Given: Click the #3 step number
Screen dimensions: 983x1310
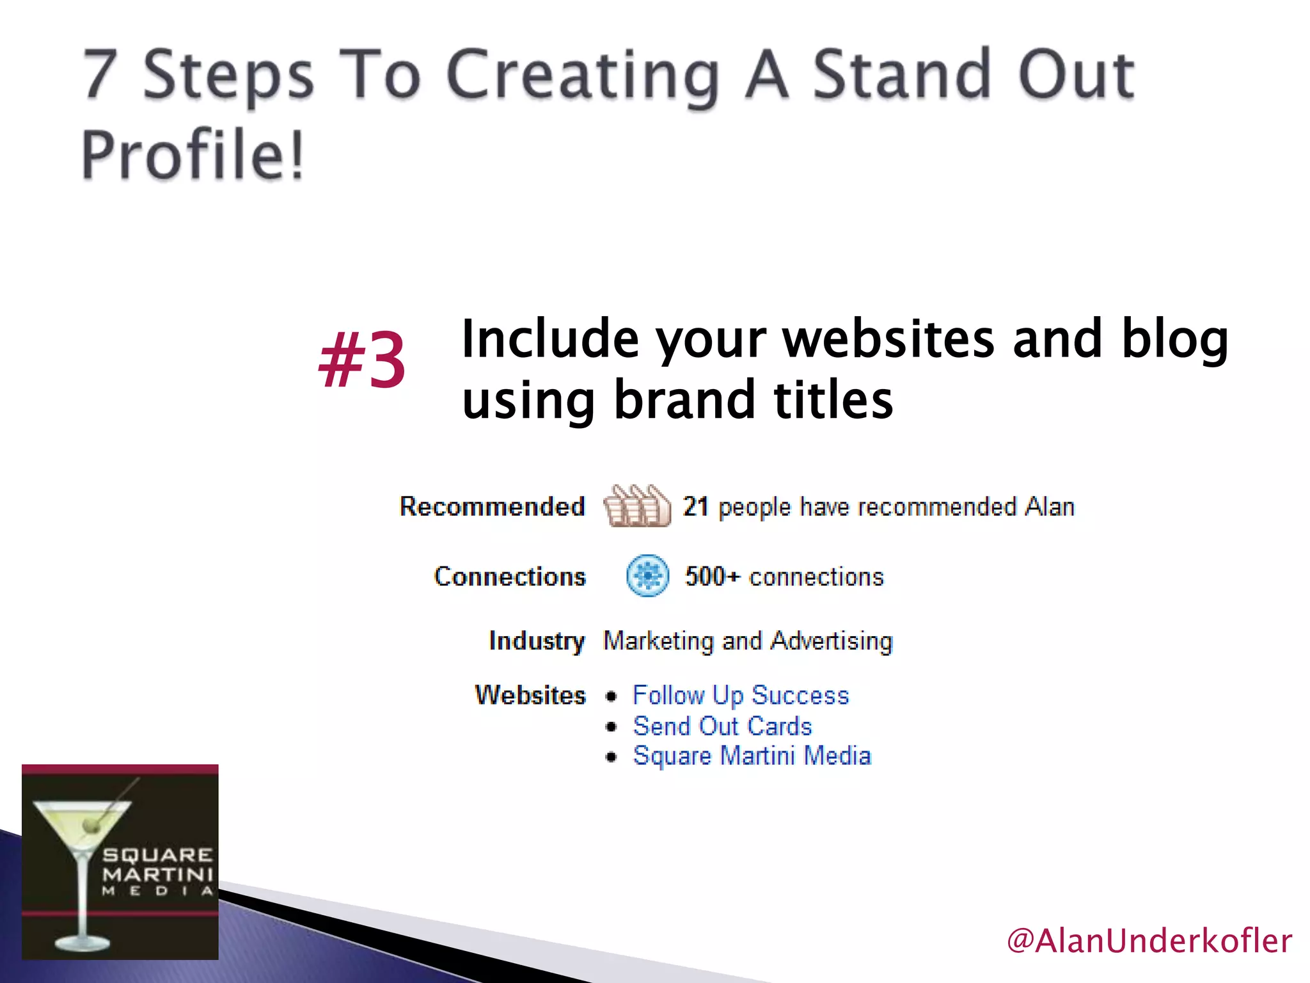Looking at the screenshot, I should coord(362,360).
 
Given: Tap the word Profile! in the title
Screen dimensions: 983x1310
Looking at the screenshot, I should coord(193,155).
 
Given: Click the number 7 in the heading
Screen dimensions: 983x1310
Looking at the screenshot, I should coord(101,76).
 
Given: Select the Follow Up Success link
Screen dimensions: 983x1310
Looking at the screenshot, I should coord(741,695).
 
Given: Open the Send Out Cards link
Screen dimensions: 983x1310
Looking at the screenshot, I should coord(722,726).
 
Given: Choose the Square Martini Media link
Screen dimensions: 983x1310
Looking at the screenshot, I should coord(752,756).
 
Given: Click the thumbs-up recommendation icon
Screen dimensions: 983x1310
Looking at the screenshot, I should coord(636,506).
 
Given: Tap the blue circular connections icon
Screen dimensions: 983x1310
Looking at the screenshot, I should coord(647,576).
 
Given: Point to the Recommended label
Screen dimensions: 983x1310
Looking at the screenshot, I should coord(492,506).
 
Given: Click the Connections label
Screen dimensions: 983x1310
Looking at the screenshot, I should coord(510,577).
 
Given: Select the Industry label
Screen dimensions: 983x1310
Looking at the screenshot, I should coord(536,641).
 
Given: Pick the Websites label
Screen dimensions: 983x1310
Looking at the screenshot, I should coord(530,695).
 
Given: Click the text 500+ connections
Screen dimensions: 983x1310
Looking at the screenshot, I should coord(784,577).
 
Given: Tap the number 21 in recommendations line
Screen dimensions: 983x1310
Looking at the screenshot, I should coord(695,506).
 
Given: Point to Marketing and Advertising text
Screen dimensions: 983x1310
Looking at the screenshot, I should coord(747,641).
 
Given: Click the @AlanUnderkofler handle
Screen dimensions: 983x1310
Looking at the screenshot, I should coord(1149,941).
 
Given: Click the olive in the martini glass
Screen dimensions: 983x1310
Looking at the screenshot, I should coord(92,827).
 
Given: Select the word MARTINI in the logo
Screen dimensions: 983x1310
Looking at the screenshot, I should coord(157,874).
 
